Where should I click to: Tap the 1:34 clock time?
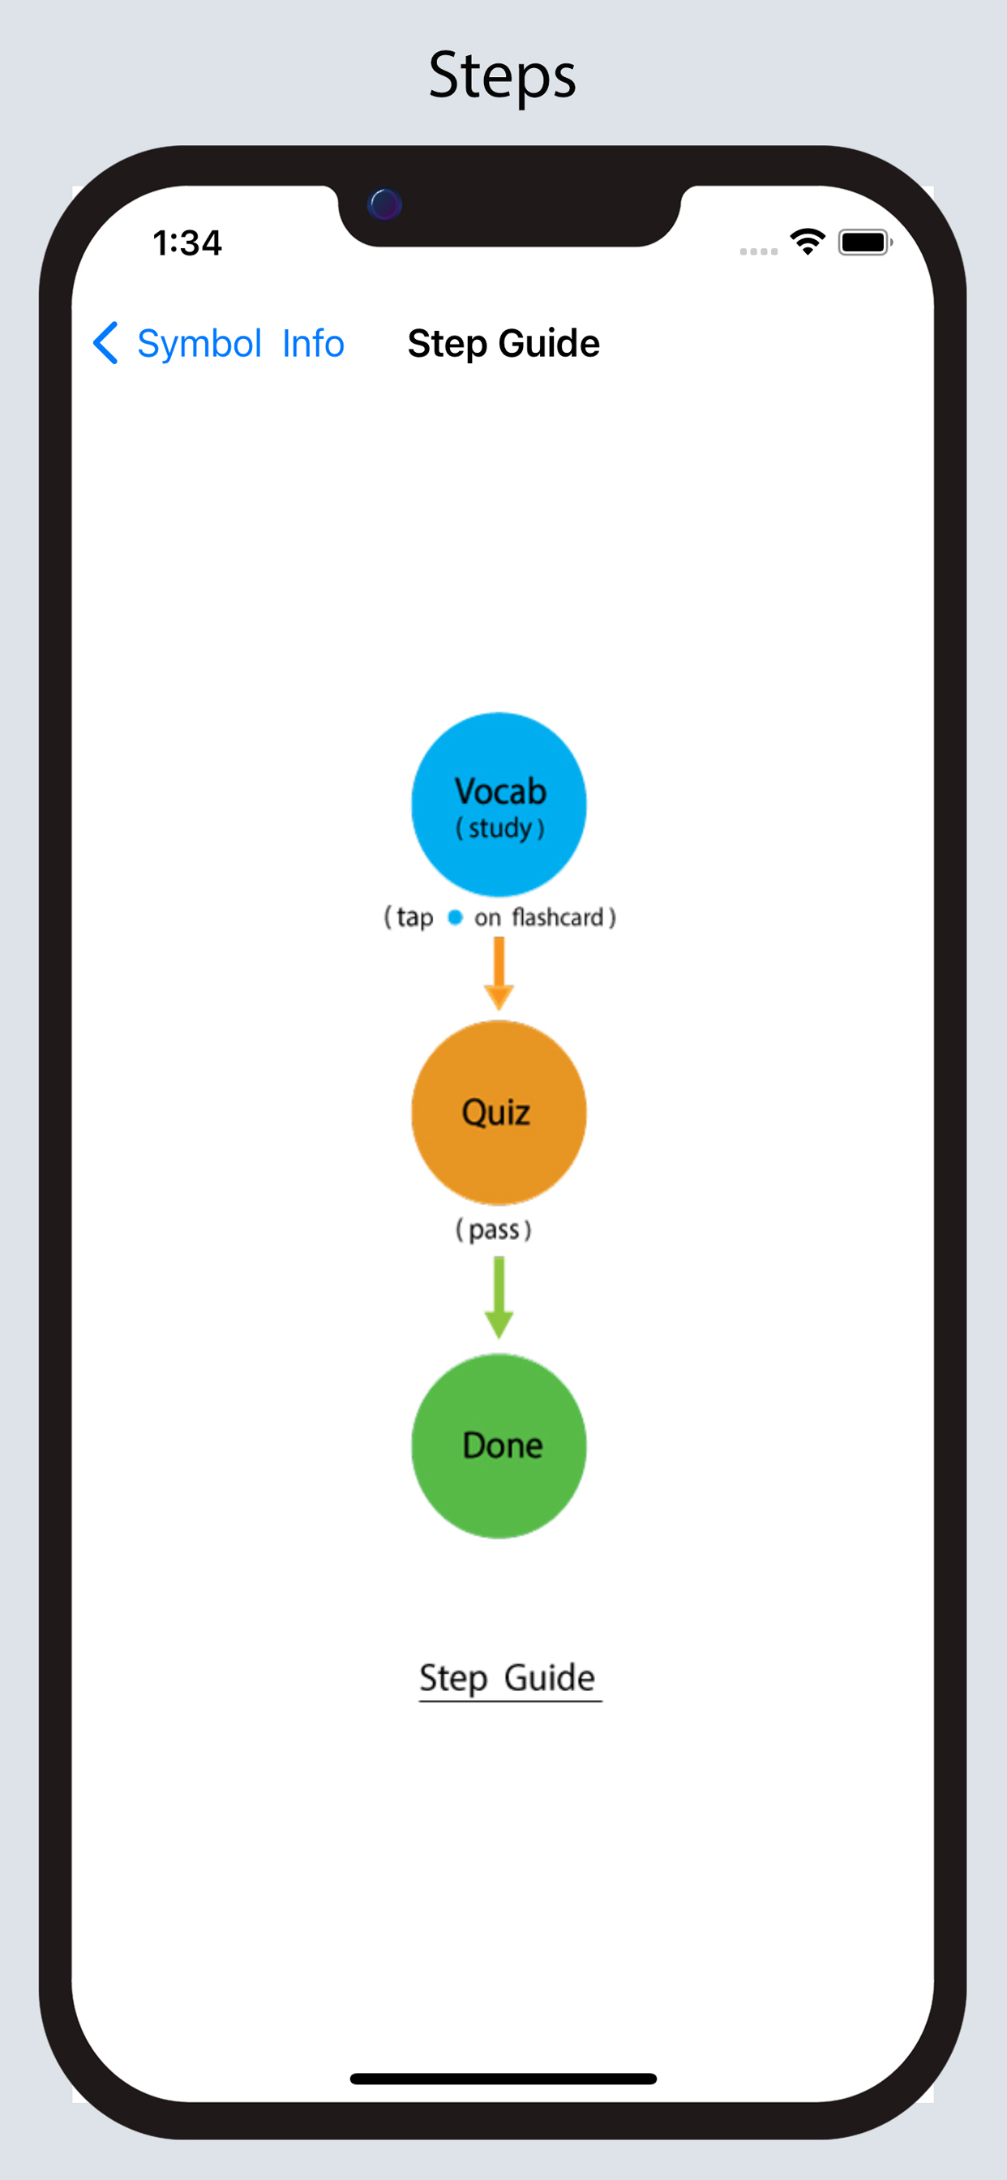tap(187, 242)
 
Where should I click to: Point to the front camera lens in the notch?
tap(385, 204)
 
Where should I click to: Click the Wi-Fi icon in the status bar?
tap(808, 242)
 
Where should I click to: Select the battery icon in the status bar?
tap(865, 242)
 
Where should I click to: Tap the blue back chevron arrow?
tap(105, 343)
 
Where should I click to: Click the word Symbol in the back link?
tap(199, 345)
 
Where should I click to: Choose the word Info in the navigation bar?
tap(313, 344)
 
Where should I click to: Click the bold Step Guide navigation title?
tap(504, 344)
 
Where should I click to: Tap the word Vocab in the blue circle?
tap(500, 791)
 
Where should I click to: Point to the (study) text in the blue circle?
tap(500, 828)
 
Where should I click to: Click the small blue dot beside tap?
tap(456, 917)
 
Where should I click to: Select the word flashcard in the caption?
tap(558, 916)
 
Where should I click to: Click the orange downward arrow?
tap(499, 973)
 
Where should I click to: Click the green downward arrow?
tap(499, 1298)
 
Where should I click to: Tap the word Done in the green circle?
tap(503, 1445)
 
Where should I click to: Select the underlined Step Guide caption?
tap(508, 1678)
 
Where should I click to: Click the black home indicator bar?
tap(504, 2079)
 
